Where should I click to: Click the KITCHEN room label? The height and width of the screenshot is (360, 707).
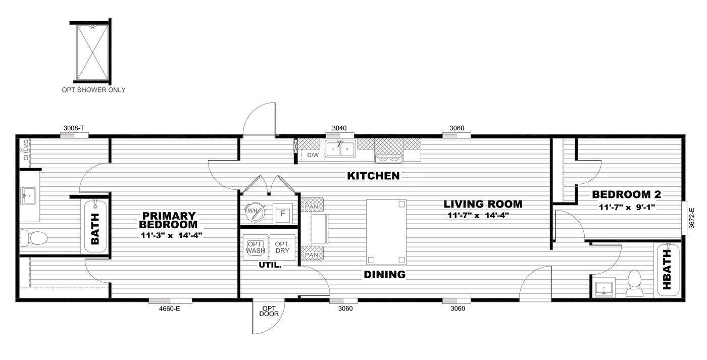click(373, 176)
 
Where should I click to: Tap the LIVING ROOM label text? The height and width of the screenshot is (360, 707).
click(483, 204)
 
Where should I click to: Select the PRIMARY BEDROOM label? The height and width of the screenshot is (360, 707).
click(168, 220)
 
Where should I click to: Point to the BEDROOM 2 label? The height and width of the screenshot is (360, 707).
click(626, 194)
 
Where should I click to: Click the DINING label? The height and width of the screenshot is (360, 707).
click(385, 275)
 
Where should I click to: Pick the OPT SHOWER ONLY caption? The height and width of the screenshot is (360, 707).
click(93, 90)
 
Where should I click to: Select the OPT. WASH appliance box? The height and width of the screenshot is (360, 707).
click(254, 247)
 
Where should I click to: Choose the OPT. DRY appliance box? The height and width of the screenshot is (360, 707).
click(282, 247)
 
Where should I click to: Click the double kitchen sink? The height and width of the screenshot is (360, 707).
click(340, 149)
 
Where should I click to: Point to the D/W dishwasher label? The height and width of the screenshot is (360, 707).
click(313, 155)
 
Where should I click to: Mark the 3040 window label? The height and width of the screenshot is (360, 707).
click(339, 128)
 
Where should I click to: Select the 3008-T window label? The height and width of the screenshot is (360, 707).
click(74, 128)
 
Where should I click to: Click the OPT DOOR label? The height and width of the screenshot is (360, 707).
click(269, 311)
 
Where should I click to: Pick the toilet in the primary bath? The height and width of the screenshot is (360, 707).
click(34, 237)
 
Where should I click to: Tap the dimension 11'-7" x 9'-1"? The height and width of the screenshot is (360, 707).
click(626, 207)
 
